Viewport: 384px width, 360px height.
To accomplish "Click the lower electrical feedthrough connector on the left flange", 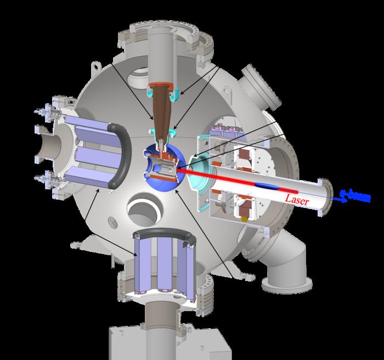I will point(42,179).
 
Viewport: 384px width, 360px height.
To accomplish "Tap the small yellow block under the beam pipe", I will point(246,218).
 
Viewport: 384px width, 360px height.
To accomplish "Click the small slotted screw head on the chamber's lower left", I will point(112,223).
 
